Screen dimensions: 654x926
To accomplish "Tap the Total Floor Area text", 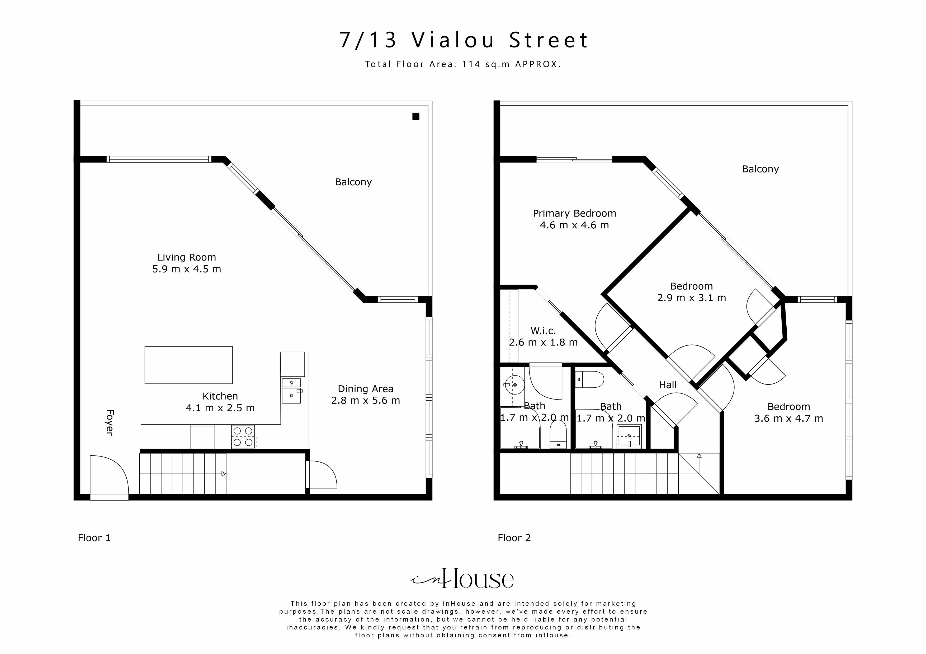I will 463,64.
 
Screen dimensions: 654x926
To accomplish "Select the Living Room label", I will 186,257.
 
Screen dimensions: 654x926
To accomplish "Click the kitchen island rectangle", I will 188,365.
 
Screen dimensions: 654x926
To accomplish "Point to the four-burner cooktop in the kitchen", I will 243,437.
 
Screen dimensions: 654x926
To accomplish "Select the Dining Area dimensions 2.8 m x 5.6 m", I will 365,401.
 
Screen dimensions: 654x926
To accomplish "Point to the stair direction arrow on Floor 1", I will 223,474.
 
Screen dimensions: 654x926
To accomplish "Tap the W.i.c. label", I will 543,331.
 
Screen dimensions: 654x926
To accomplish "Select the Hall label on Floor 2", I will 668,385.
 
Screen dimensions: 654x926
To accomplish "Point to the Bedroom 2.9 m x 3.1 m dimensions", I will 691,298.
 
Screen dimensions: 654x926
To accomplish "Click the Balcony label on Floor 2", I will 760,169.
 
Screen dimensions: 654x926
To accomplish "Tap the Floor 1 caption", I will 94,538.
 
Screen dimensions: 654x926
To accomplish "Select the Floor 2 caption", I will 514,538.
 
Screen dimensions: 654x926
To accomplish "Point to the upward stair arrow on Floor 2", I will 699,456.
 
